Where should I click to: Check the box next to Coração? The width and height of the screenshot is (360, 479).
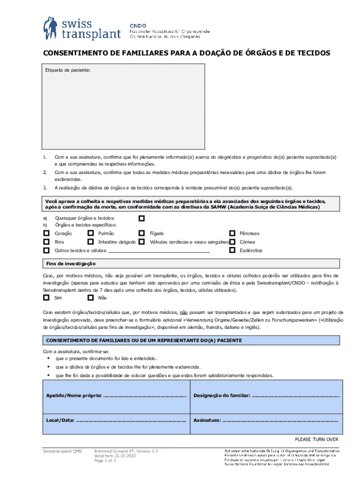pos(46,233)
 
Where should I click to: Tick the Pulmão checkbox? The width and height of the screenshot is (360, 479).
pos(91,233)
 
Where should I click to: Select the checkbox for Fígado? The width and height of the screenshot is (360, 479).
pos(142,233)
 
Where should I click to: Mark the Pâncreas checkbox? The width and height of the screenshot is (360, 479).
pos(232,233)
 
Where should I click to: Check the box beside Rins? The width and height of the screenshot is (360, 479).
pos(46,242)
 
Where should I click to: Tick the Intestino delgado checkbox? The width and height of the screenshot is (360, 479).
pos(91,242)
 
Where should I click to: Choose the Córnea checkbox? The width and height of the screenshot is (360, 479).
pos(232,242)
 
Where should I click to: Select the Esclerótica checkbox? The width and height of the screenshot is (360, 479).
pos(232,250)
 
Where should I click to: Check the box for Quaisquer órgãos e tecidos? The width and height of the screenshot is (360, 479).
pos(142,218)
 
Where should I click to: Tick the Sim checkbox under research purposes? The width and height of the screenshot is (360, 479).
pos(46,298)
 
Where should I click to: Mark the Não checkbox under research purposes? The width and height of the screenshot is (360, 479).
pos(91,298)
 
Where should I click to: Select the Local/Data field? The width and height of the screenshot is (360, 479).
pos(131,420)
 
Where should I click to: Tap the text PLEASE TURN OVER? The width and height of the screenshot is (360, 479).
pos(316,439)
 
